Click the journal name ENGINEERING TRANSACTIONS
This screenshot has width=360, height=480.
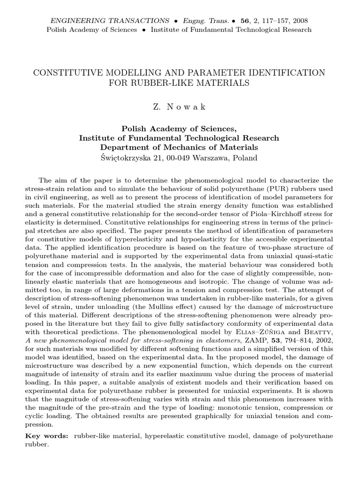pyautogui.click(x=110, y=21)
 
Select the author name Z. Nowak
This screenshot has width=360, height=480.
pyautogui.click(x=180, y=107)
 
